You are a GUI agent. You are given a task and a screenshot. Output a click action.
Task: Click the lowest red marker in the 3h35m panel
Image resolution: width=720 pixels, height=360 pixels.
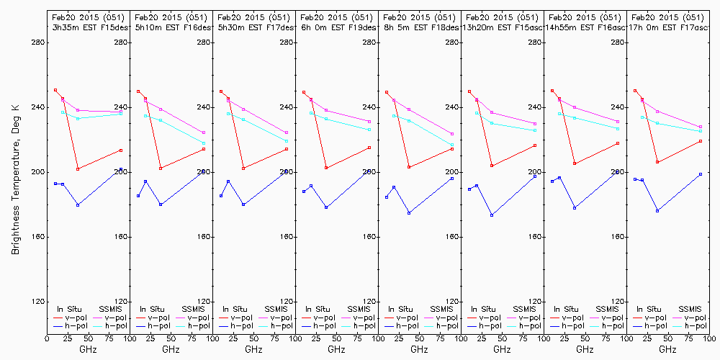[78, 168]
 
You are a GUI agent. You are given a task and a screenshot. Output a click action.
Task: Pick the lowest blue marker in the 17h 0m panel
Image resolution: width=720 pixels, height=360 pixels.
[657, 210]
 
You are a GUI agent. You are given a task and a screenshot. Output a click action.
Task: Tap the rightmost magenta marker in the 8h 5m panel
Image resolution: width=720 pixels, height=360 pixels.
[452, 134]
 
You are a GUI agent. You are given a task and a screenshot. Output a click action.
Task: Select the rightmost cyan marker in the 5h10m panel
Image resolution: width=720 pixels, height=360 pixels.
[204, 143]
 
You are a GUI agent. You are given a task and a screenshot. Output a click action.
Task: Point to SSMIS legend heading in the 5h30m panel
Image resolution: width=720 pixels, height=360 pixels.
[276, 308]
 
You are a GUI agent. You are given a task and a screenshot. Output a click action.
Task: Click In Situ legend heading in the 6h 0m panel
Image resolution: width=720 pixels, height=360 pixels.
[318, 308]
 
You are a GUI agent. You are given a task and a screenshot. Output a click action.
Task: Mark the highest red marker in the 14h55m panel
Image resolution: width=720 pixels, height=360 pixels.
[552, 91]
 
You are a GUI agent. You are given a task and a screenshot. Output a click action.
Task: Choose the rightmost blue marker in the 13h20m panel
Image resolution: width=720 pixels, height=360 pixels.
[535, 176]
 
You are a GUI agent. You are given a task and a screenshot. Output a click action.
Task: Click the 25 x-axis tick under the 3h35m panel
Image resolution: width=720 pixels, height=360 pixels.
[62, 337]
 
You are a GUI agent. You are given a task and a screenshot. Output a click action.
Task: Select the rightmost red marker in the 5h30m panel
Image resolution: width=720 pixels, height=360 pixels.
[287, 149]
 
